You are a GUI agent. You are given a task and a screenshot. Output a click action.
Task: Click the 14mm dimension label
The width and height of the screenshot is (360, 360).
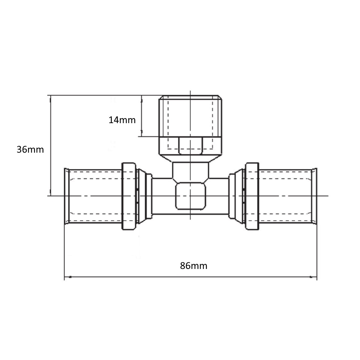point(122,120)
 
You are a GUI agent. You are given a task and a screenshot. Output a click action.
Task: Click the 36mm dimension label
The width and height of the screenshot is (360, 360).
point(30,149)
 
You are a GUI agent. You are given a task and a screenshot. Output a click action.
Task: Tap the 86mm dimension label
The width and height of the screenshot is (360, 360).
point(194,266)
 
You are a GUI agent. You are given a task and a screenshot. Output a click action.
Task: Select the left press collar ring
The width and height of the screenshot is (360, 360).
point(129,196)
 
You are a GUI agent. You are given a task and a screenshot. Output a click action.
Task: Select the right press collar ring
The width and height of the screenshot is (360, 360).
point(252,196)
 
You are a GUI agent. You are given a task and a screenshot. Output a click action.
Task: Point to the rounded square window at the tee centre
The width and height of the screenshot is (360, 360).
point(190,196)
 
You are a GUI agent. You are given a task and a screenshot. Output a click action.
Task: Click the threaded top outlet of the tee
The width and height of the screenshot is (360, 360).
point(190,116)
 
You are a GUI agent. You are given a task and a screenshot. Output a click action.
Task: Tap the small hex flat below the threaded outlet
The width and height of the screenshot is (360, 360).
point(190,145)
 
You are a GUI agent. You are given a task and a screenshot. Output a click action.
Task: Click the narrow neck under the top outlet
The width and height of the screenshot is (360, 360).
point(190,170)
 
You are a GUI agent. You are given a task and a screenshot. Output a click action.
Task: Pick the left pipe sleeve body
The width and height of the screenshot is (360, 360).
point(95,196)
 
